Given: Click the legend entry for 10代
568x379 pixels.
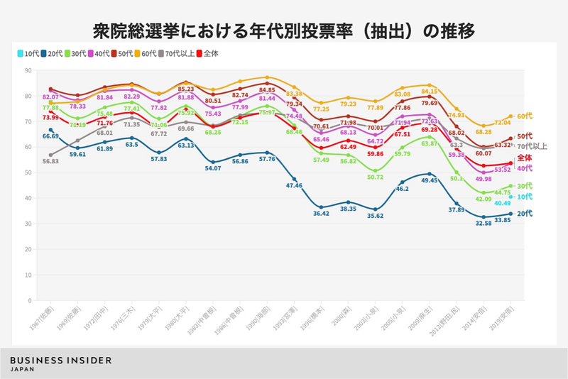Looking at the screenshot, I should pos(28,53).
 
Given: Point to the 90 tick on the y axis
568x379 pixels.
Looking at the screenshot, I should pos(27,70).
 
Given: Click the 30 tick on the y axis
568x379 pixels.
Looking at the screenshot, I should pos(27,224).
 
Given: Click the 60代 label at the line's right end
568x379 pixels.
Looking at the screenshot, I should pos(525,116).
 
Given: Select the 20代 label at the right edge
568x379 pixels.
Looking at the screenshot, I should pos(525,214).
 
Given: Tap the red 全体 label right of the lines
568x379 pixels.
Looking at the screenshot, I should pos(525,158).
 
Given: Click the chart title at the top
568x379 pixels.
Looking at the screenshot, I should pos(284,31).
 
